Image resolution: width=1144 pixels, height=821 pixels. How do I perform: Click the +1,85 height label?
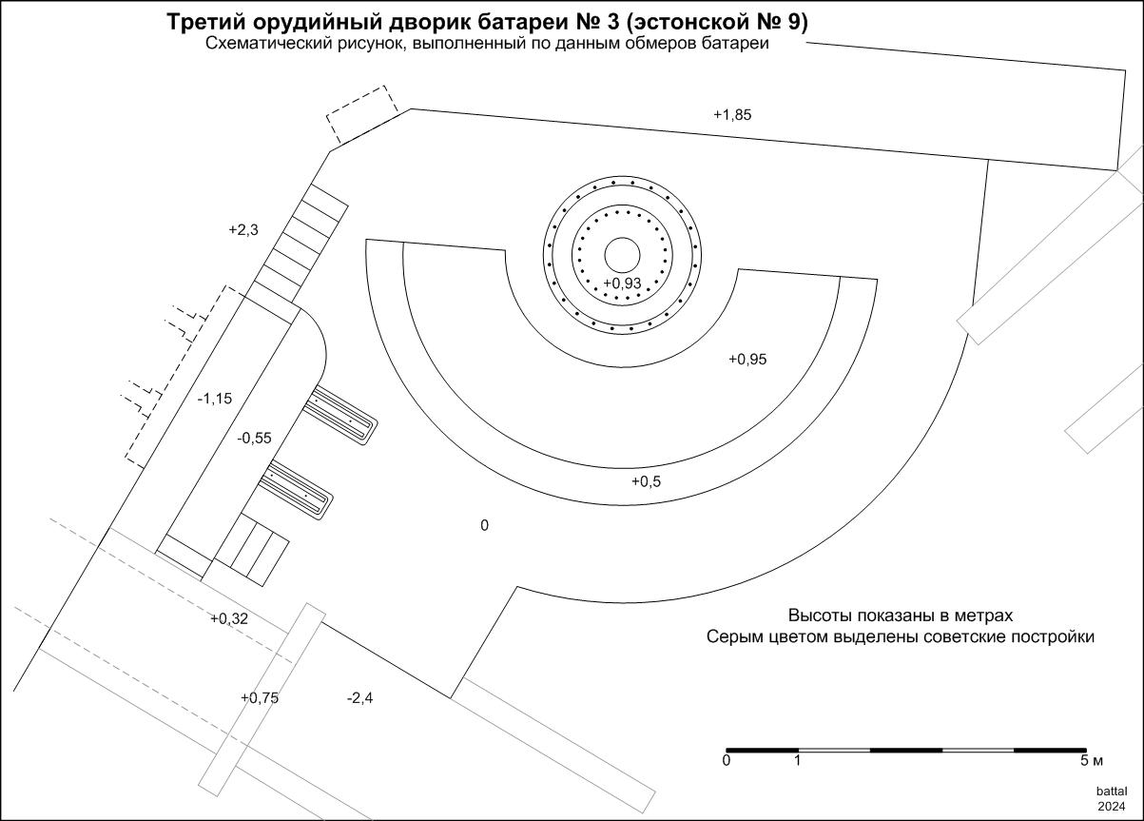point(732,115)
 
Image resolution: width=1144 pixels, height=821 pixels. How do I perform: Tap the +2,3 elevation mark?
point(243,230)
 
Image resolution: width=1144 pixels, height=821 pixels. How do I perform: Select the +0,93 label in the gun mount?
point(622,283)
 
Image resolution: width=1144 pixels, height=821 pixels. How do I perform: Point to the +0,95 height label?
point(747,360)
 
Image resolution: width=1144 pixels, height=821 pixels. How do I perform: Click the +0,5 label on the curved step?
point(646,481)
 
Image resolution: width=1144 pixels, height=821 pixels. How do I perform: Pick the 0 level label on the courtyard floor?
point(485,525)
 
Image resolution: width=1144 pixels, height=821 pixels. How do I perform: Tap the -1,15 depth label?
point(215,398)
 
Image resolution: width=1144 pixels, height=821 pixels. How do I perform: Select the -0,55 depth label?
point(254,438)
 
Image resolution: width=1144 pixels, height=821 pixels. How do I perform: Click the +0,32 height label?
point(229,618)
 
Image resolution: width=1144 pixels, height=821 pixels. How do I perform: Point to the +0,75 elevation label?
point(260,698)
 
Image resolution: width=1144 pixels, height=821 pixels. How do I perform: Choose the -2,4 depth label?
point(360,698)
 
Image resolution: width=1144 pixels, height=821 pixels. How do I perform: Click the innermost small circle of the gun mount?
point(622,255)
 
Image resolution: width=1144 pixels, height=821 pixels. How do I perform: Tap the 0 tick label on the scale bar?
point(727,761)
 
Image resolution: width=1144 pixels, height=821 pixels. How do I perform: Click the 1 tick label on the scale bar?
point(797,761)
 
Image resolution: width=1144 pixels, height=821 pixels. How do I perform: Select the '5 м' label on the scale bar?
point(1092,761)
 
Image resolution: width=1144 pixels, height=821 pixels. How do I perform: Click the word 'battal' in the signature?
point(1112,792)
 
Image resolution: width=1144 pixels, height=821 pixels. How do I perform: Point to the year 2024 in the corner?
point(1112,807)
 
